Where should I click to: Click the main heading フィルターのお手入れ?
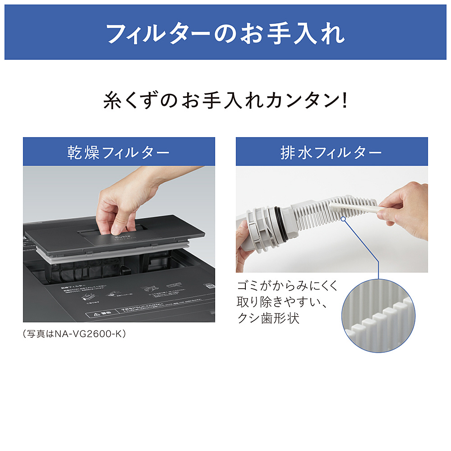coord(225,32)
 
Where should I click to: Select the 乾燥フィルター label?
coord(119,152)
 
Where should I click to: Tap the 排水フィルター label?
coord(331,152)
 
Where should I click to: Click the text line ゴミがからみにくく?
coord(287,286)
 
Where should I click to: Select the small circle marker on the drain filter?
coord(344,218)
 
